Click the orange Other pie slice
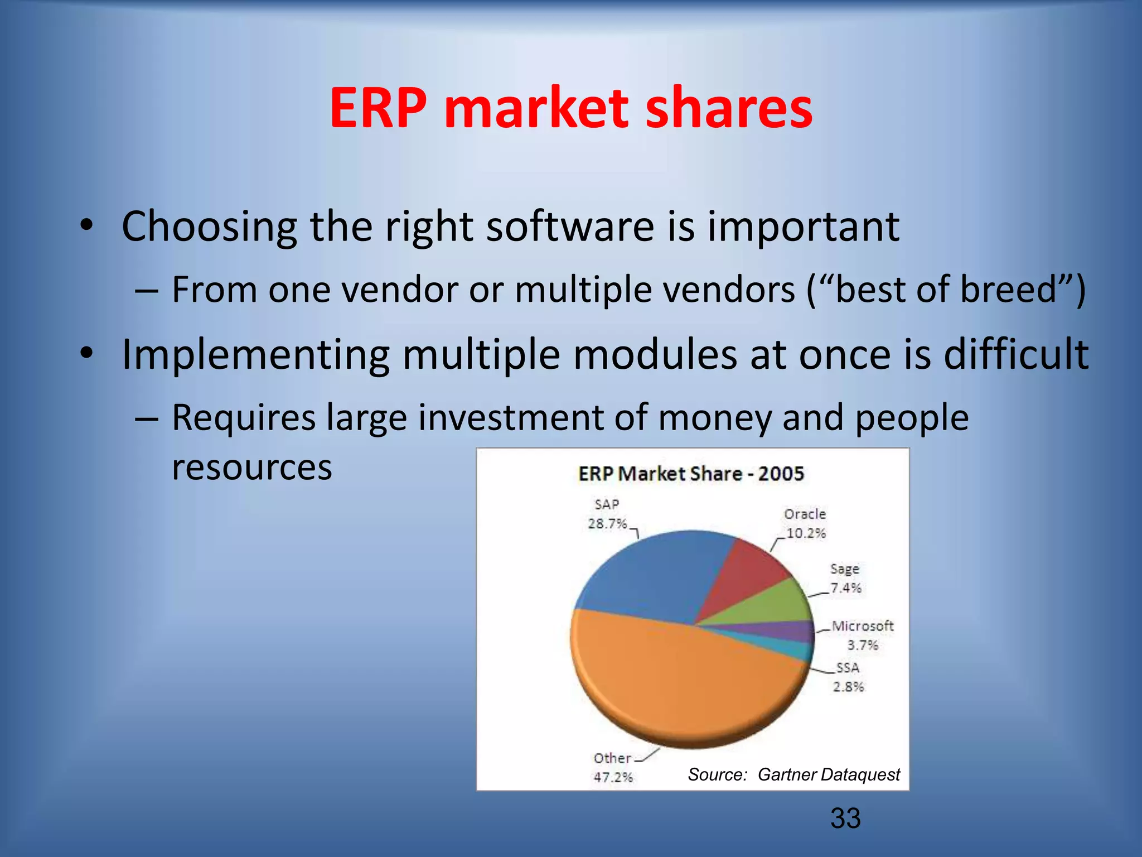669,681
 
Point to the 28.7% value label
607,523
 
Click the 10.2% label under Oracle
805,533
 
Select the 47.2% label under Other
613,777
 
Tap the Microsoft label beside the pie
862,626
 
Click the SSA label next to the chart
848,668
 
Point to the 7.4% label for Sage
845,588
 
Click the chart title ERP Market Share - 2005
691,474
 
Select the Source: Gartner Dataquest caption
793,774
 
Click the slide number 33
845,818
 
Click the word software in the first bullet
570,227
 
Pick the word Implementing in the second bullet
255,355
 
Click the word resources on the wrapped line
252,467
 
